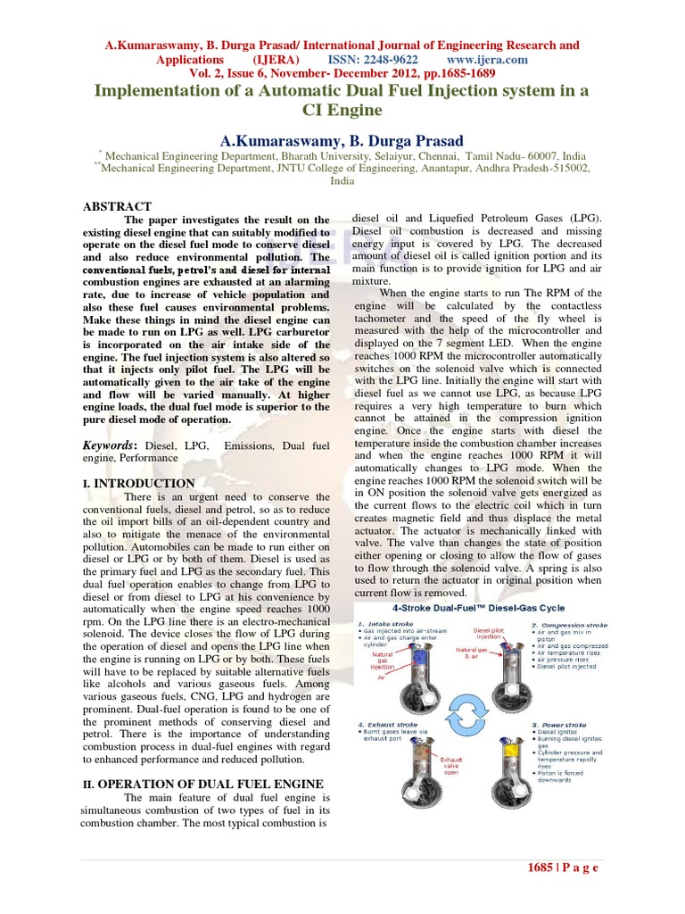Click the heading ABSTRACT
[x=117, y=206]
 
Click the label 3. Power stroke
[x=559, y=725]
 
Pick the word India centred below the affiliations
[x=342, y=179]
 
